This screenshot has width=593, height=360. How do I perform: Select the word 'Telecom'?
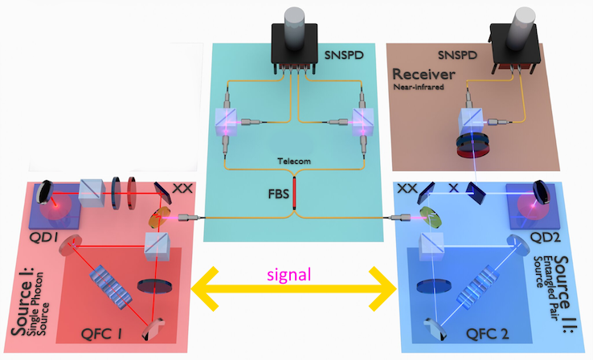click(295, 161)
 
